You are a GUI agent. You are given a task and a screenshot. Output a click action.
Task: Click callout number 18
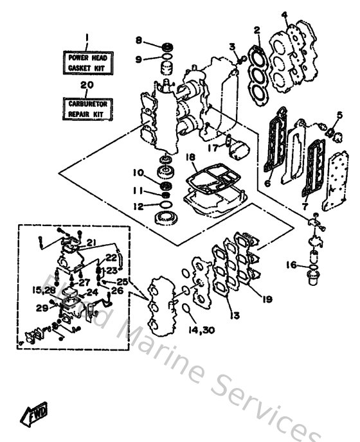pyautogui.click(x=191, y=157)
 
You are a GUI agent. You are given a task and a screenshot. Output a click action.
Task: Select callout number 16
pyautogui.click(x=291, y=264)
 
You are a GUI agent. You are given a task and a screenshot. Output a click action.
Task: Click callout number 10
pyautogui.click(x=138, y=172)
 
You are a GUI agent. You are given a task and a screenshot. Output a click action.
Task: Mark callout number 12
pyautogui.click(x=138, y=206)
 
